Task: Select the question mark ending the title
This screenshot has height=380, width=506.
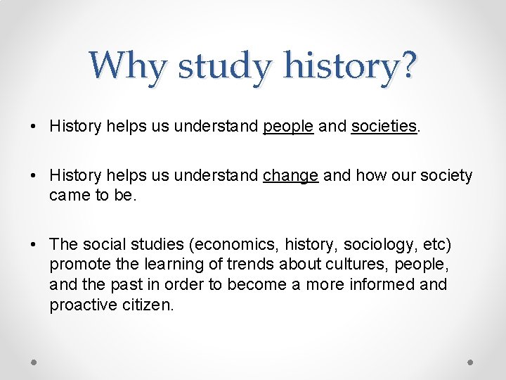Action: pyautogui.click(x=407, y=65)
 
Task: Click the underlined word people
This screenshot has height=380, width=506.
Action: pyautogui.click(x=288, y=127)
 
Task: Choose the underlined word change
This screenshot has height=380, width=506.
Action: pyautogui.click(x=290, y=176)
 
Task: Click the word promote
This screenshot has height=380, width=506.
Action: pyautogui.click(x=77, y=265)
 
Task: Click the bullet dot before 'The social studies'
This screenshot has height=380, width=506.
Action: pyautogui.click(x=34, y=245)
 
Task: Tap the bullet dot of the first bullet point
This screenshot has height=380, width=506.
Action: pyautogui.click(x=34, y=127)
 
